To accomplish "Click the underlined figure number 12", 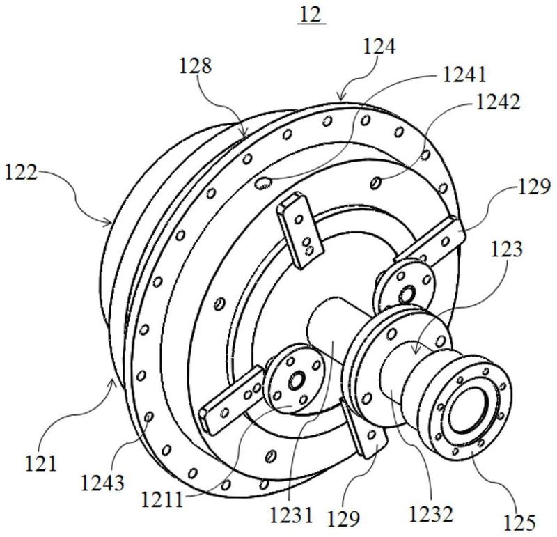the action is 311,15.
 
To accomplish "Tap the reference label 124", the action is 379,47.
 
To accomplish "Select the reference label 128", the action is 195,65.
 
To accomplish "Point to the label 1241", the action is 464,75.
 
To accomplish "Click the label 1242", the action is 498,102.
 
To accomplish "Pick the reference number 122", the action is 21,173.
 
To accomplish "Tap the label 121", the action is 41,463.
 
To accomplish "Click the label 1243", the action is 102,483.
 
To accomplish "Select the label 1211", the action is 162,499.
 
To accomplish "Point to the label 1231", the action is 291,515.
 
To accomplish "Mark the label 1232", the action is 431,513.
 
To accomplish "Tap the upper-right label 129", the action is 534,187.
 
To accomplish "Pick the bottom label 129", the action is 343,517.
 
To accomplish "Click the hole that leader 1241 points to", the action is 263,182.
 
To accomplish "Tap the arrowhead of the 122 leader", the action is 109,223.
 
